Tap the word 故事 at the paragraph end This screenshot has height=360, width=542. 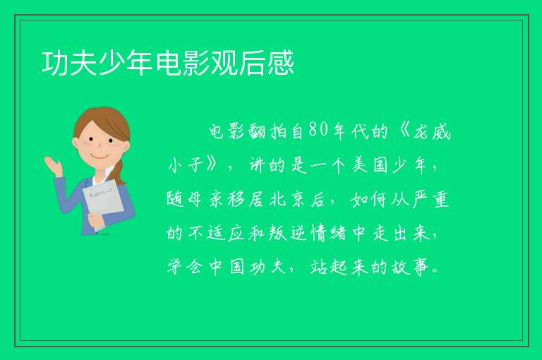point(411,267)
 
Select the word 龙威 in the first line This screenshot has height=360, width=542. point(432,131)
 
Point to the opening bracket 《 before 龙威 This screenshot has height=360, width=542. point(404,131)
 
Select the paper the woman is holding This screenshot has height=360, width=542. point(103,204)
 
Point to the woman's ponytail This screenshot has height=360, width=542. point(119,172)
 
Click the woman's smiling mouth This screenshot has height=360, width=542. point(101,157)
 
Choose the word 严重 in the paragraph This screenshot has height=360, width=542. point(431,199)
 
